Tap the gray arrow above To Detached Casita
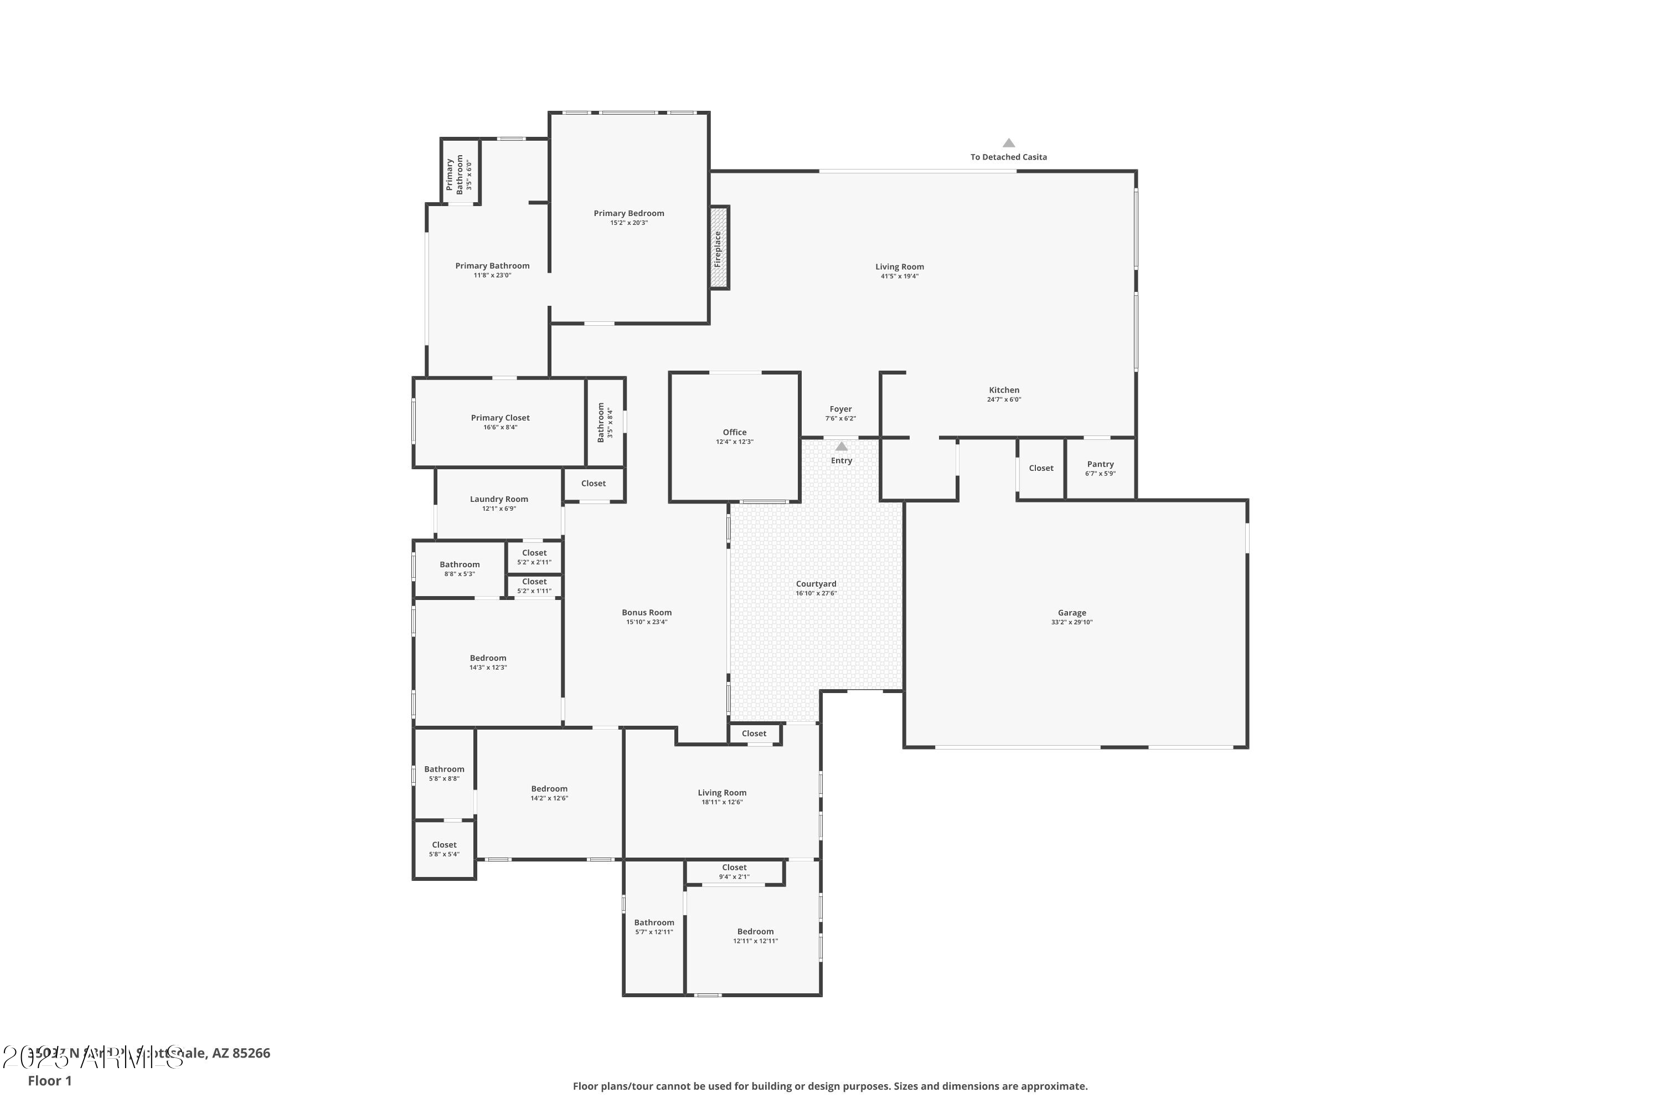pos(1008,143)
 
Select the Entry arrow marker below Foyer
pos(841,447)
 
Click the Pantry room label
pos(1100,464)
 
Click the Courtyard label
pos(816,584)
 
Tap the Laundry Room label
pos(499,499)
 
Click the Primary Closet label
pos(500,418)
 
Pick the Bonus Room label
pos(646,613)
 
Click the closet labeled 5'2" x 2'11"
pos(534,557)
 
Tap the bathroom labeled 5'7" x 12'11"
pos(654,926)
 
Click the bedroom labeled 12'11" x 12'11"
pos(755,936)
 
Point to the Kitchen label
pos(1003,390)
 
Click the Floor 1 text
pos(49,1080)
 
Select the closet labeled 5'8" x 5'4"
pos(444,849)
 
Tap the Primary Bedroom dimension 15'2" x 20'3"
pos(628,223)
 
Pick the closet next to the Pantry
pos(1041,468)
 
